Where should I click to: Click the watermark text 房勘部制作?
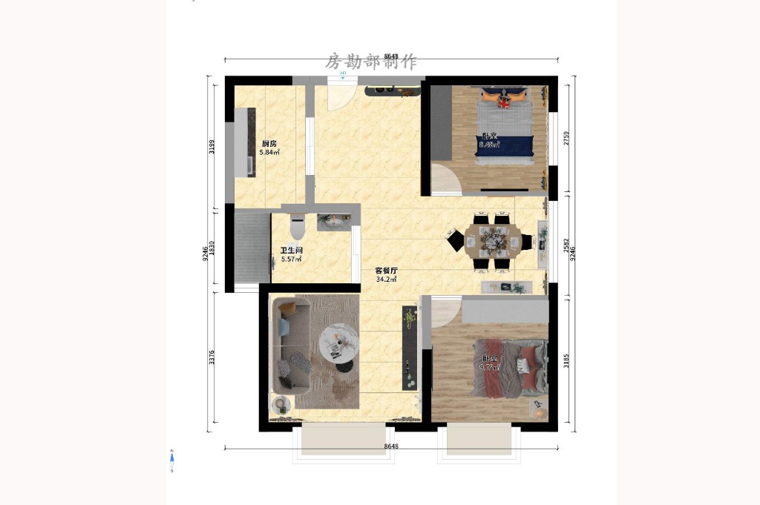coord(371,62)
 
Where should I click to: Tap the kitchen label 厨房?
coord(269,143)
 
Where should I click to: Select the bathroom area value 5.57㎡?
coord(291,260)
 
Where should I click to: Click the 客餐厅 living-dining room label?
coord(386,271)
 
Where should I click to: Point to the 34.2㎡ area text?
coord(386,280)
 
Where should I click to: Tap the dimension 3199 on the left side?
coord(213,146)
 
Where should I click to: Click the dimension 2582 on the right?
coord(566,246)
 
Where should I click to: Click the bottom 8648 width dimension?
coord(391,446)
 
